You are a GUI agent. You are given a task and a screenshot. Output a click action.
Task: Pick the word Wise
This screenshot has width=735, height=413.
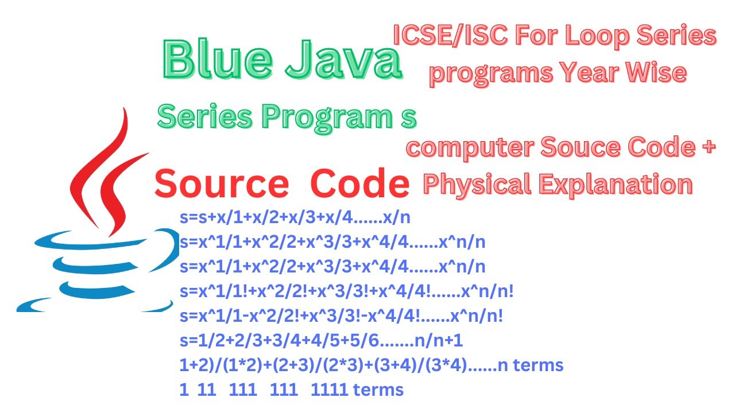click(x=656, y=73)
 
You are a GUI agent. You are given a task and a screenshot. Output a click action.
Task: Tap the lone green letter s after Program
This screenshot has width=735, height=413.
click(x=408, y=117)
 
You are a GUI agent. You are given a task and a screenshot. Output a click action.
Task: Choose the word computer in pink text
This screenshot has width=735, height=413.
click(x=469, y=148)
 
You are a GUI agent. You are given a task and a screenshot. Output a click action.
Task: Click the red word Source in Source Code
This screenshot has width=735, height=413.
click(x=222, y=185)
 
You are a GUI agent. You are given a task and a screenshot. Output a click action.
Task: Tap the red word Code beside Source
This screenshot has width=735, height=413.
click(x=360, y=185)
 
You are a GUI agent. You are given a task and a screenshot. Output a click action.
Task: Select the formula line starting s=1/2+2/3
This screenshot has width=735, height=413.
click(x=321, y=341)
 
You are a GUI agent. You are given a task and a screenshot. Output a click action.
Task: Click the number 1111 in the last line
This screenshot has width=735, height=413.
click(x=330, y=390)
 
